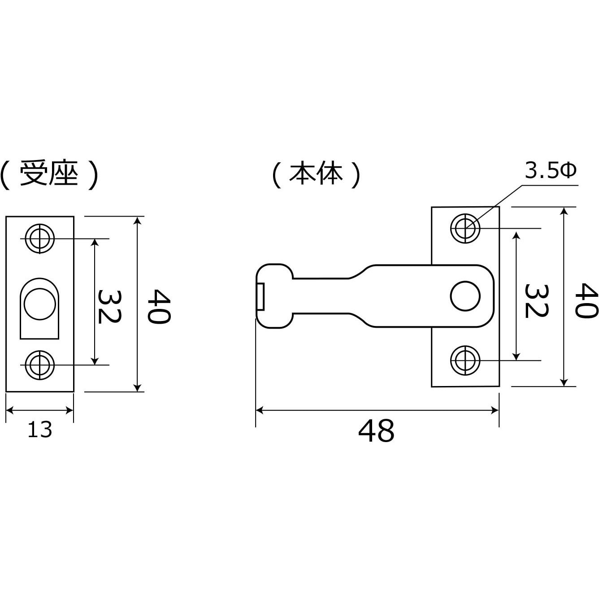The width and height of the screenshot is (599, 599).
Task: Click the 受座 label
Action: (x=49, y=174)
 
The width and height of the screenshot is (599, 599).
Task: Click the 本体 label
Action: (x=316, y=174)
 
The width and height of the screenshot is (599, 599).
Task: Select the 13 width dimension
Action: (x=40, y=430)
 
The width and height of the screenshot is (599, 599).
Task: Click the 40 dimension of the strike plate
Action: (x=159, y=307)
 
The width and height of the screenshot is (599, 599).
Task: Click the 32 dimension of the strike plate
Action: (x=109, y=307)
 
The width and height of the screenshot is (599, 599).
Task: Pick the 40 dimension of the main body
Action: (x=586, y=300)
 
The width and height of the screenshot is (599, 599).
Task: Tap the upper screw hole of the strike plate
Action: (x=40, y=239)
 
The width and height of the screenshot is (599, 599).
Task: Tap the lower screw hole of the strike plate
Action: (x=40, y=365)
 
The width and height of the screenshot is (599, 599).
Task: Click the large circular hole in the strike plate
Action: (x=40, y=304)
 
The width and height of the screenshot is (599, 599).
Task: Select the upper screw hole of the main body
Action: (x=465, y=228)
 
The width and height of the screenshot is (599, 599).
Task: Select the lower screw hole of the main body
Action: (x=465, y=360)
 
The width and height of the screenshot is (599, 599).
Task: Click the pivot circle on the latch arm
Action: (x=465, y=296)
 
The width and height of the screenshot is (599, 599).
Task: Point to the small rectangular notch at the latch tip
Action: (x=261, y=296)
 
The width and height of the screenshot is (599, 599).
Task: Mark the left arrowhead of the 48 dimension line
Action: (x=259, y=410)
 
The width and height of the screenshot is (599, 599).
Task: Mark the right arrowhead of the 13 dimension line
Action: (x=69, y=411)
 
